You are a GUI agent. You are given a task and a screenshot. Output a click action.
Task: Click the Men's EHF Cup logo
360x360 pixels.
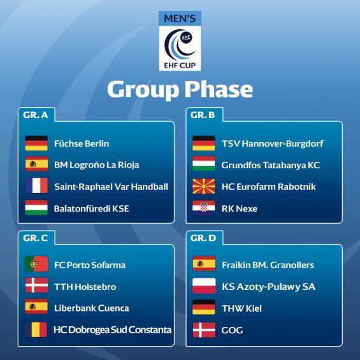180,41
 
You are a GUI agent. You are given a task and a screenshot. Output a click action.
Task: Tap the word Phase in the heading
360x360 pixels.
219,90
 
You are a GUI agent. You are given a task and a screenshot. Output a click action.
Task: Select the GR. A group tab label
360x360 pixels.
36,115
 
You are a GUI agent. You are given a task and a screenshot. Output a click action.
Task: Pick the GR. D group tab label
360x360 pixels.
203,238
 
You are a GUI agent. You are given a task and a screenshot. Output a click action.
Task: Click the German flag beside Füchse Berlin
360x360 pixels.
36,143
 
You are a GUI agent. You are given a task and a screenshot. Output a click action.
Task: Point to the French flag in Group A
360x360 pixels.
36,185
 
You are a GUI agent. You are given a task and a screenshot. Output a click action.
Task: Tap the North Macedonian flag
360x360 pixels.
204,186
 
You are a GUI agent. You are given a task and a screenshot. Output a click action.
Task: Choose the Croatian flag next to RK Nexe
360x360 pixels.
204,208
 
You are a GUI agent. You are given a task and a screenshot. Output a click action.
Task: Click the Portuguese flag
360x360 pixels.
36,264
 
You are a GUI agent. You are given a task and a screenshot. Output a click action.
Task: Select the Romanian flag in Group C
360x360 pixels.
36,329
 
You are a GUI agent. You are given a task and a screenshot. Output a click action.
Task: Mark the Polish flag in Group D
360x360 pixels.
204,286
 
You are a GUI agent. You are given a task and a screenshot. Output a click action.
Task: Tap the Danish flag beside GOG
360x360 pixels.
204,330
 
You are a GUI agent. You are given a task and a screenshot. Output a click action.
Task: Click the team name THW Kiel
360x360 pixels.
241,308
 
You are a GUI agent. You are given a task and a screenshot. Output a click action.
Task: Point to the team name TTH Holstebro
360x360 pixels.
85,287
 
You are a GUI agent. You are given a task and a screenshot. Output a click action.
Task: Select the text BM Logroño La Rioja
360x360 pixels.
97,165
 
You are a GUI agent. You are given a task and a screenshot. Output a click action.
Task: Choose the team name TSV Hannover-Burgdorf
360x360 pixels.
273,143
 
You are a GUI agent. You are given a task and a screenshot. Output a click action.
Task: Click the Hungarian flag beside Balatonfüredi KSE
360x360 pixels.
36,207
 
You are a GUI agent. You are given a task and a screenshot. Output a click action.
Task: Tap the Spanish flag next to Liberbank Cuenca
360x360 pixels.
36,306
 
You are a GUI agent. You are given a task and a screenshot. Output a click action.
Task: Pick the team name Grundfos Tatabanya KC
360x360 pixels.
271,165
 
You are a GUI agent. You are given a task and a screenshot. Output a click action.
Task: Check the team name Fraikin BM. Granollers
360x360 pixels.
268,265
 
